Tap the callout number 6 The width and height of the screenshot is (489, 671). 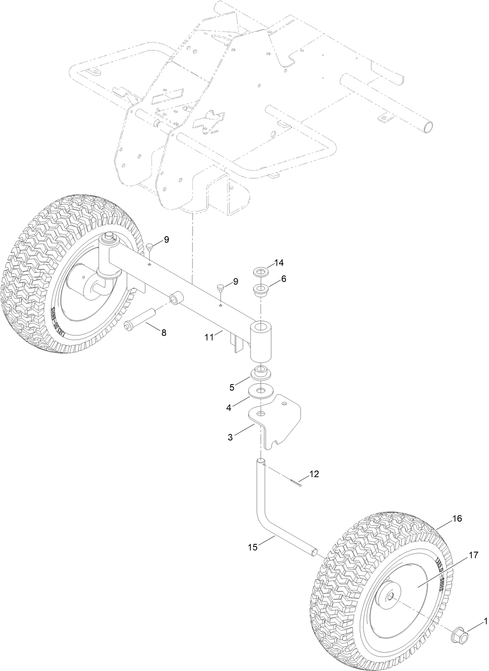(284, 279)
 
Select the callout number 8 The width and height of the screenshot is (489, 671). (164, 333)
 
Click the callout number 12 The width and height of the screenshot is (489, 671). (314, 474)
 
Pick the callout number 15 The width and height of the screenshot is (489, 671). (253, 547)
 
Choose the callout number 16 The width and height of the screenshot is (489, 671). (457, 519)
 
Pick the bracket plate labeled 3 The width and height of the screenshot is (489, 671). (278, 421)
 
